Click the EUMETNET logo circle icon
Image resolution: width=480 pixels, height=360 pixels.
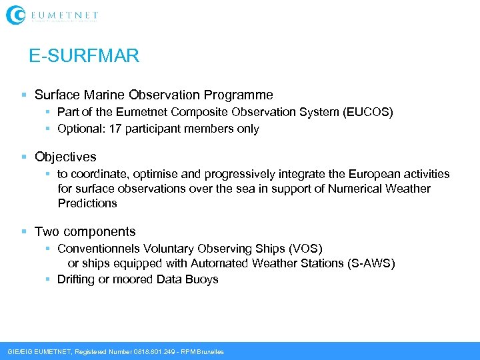(16, 15)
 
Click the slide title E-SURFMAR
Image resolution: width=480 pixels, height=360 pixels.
(84, 56)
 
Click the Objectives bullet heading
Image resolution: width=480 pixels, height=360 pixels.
(65, 157)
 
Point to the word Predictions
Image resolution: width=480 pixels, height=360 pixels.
(87, 203)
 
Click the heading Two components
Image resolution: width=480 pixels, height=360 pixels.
(85, 232)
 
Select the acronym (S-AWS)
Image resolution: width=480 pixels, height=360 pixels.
(371, 263)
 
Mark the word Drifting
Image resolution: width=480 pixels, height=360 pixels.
(76, 279)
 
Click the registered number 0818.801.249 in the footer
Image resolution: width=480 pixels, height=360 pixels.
(151, 351)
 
